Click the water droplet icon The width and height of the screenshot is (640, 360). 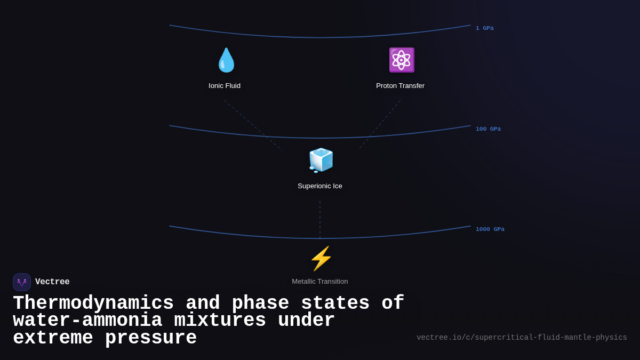pos(226,60)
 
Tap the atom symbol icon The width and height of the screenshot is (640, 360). pos(401,60)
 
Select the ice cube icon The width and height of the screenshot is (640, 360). pos(321,160)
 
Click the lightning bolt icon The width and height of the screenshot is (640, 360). pos(321,259)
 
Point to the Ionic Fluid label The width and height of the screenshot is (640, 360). pos(225,86)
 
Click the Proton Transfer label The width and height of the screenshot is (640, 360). pos(400,86)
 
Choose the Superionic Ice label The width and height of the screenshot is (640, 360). pos(320,186)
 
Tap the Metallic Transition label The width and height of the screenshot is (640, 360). pos(320,282)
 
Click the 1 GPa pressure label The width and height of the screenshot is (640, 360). pos(484,28)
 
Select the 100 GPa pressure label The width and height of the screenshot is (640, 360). pos(488,129)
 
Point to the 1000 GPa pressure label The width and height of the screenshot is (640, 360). pos(490,229)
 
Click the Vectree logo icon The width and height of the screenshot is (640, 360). pos(22,282)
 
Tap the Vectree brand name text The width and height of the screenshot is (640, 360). pos(52,282)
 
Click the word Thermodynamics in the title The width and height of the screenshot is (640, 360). pos(93,303)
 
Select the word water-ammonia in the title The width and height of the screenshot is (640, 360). pos(87,321)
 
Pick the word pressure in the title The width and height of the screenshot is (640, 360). pos(151,338)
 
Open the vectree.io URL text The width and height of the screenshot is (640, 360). pos(522,338)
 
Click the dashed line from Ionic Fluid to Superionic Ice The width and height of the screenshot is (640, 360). pos(253,126)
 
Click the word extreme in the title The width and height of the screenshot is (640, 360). pos(53,338)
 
